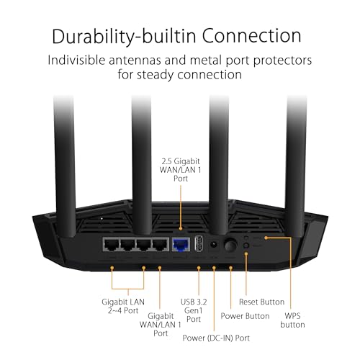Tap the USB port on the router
(199, 245)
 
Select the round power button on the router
(230, 246)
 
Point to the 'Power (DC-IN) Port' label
(217, 337)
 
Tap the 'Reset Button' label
(261, 301)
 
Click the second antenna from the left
(142, 151)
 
